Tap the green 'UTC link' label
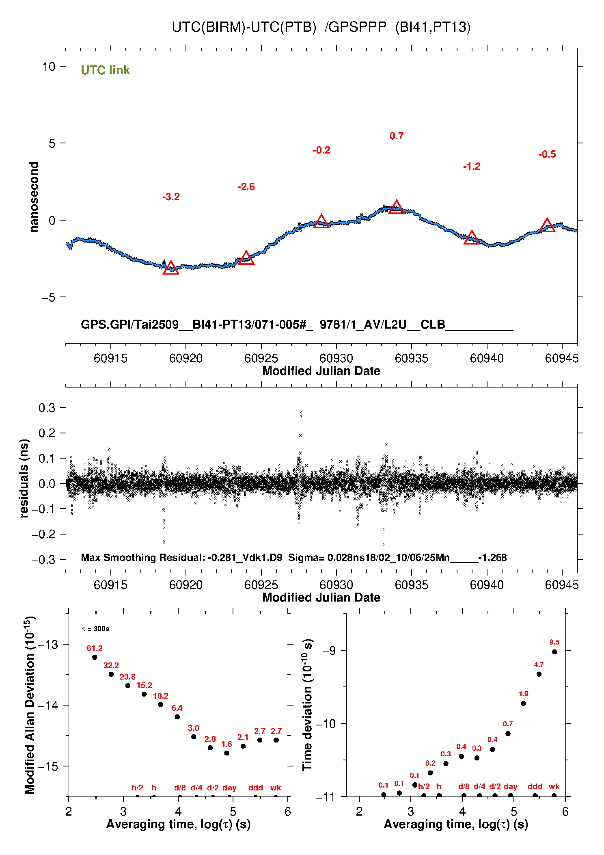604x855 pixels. click(x=105, y=70)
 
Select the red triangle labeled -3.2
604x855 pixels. click(x=171, y=268)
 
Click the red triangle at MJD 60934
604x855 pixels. click(x=396, y=208)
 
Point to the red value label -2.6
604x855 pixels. click(x=246, y=187)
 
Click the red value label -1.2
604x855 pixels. click(x=472, y=167)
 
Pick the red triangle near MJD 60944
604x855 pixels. click(x=547, y=226)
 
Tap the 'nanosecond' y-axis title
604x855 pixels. click(x=34, y=197)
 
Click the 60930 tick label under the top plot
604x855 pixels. click(x=336, y=358)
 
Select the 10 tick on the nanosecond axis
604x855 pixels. click(x=49, y=67)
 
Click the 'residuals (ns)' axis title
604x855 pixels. click(x=24, y=478)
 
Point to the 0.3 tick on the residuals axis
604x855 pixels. click(x=47, y=408)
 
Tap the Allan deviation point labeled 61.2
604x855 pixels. click(x=95, y=657)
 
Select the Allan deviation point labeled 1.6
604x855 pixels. click(x=226, y=753)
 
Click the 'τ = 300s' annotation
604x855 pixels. click(x=96, y=629)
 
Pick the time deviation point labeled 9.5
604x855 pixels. click(x=554, y=652)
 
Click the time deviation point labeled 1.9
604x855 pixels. click(x=523, y=703)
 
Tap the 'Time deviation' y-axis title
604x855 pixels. click(x=307, y=705)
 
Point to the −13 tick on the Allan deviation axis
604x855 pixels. click(x=48, y=644)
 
